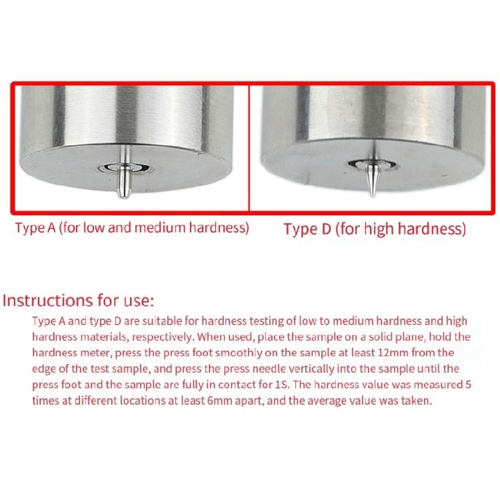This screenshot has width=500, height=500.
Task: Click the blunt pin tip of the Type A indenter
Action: tap(125, 195)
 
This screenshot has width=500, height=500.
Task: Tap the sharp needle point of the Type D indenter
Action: tap(372, 195)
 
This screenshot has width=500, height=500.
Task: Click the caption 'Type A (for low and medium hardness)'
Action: tap(132, 228)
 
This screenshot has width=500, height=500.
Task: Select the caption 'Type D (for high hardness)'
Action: tap(375, 229)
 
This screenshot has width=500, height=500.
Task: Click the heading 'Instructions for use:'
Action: tap(78, 301)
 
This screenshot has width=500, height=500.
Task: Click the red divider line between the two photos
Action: tap(249, 148)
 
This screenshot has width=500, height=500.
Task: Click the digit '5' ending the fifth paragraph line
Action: tap(468, 385)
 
